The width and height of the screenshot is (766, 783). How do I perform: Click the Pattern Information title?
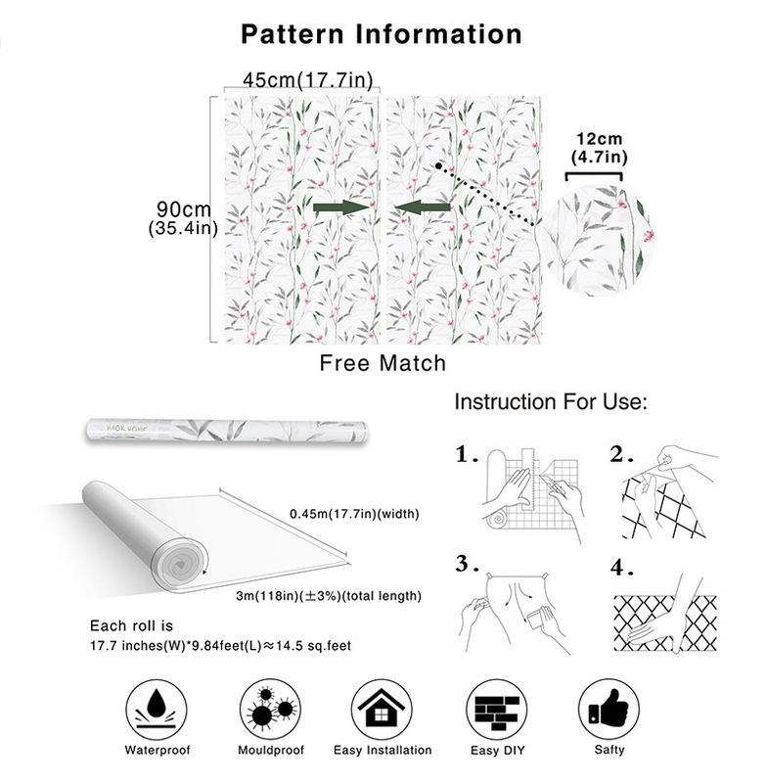(x=382, y=34)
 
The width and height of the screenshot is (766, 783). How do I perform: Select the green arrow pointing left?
(x=424, y=207)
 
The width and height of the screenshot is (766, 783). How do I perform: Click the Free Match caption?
(x=383, y=363)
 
